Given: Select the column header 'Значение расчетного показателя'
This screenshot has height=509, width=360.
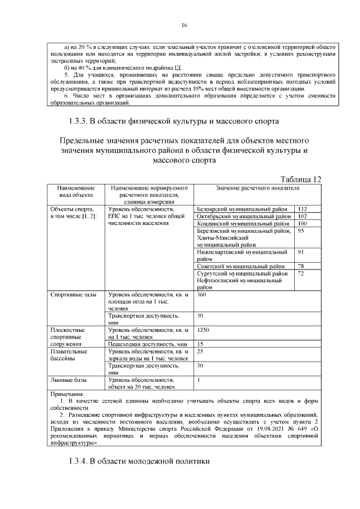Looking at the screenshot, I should (258, 188).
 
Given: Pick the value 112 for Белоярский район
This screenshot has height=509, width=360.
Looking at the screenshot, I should (302, 209).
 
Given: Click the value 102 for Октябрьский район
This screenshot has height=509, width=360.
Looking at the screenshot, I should (302, 216).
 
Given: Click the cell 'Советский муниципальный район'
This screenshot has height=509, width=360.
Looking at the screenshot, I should (241, 266).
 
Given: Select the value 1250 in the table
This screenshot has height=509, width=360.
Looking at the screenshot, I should (204, 330).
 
